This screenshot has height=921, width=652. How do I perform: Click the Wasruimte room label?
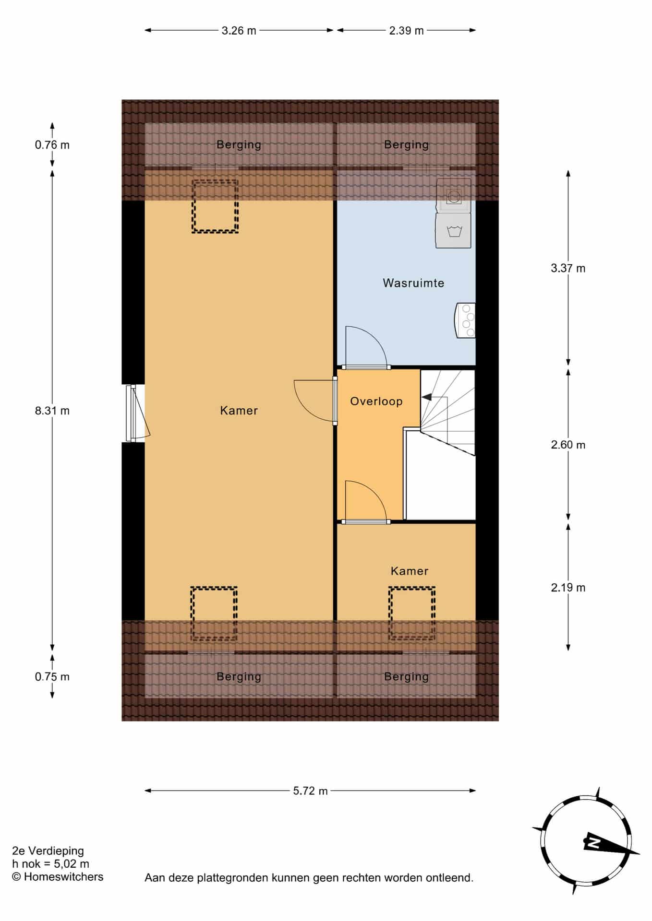[413, 283]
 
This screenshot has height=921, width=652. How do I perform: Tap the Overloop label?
[376, 401]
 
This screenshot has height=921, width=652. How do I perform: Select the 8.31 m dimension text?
[52, 411]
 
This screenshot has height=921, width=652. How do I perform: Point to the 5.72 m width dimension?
[310, 791]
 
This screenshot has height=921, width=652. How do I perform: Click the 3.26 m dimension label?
[239, 31]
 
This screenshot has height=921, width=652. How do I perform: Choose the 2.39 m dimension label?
[406, 31]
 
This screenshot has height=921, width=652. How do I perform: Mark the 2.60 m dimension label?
[568, 445]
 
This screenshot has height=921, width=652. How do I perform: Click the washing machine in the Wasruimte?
[453, 231]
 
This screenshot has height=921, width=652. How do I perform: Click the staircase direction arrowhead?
[426, 397]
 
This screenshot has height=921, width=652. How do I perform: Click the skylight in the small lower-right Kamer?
[412, 614]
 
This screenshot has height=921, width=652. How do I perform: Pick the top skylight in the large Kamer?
[215, 206]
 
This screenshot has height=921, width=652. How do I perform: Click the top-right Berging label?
[406, 144]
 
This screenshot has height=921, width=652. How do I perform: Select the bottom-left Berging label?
[239, 677]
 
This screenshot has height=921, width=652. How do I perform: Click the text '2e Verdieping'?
[48, 851]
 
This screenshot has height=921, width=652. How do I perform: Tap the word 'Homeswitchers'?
[63, 877]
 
